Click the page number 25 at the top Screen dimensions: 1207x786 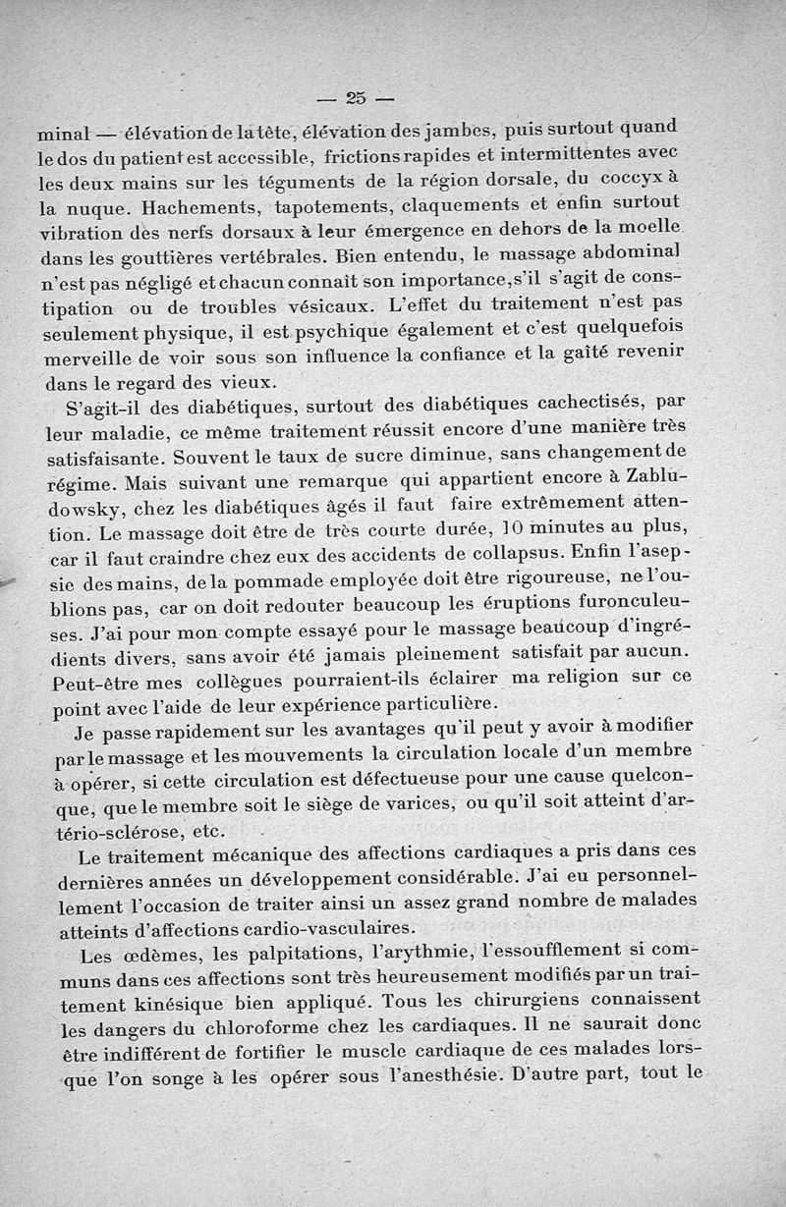tap(356, 97)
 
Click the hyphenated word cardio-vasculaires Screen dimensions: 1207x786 tap(330, 928)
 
